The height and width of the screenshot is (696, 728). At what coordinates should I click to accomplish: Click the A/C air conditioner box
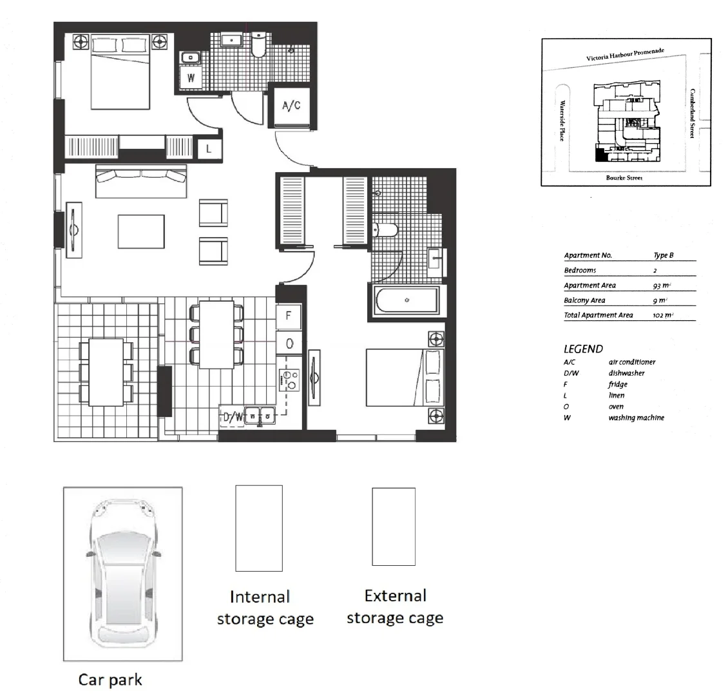291,106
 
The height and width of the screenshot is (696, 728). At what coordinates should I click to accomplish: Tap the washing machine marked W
191,79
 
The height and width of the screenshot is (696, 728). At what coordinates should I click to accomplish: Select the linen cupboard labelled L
209,148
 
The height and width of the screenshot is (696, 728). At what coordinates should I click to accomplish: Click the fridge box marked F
289,316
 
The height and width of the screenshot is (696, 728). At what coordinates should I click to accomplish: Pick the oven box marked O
289,343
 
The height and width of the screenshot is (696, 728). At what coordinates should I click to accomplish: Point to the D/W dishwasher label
233,417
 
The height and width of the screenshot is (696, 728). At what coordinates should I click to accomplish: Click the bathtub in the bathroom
406,300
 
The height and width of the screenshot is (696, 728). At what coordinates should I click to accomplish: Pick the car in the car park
122,574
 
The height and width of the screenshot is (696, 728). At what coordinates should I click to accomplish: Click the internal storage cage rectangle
259,528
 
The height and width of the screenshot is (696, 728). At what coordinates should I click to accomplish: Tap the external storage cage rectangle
394,527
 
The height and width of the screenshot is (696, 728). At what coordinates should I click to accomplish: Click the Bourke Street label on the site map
624,178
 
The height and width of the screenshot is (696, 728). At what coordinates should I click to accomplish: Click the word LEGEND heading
583,349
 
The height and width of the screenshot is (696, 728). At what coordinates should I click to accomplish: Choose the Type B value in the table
663,255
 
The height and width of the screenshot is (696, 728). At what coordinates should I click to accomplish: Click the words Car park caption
110,679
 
